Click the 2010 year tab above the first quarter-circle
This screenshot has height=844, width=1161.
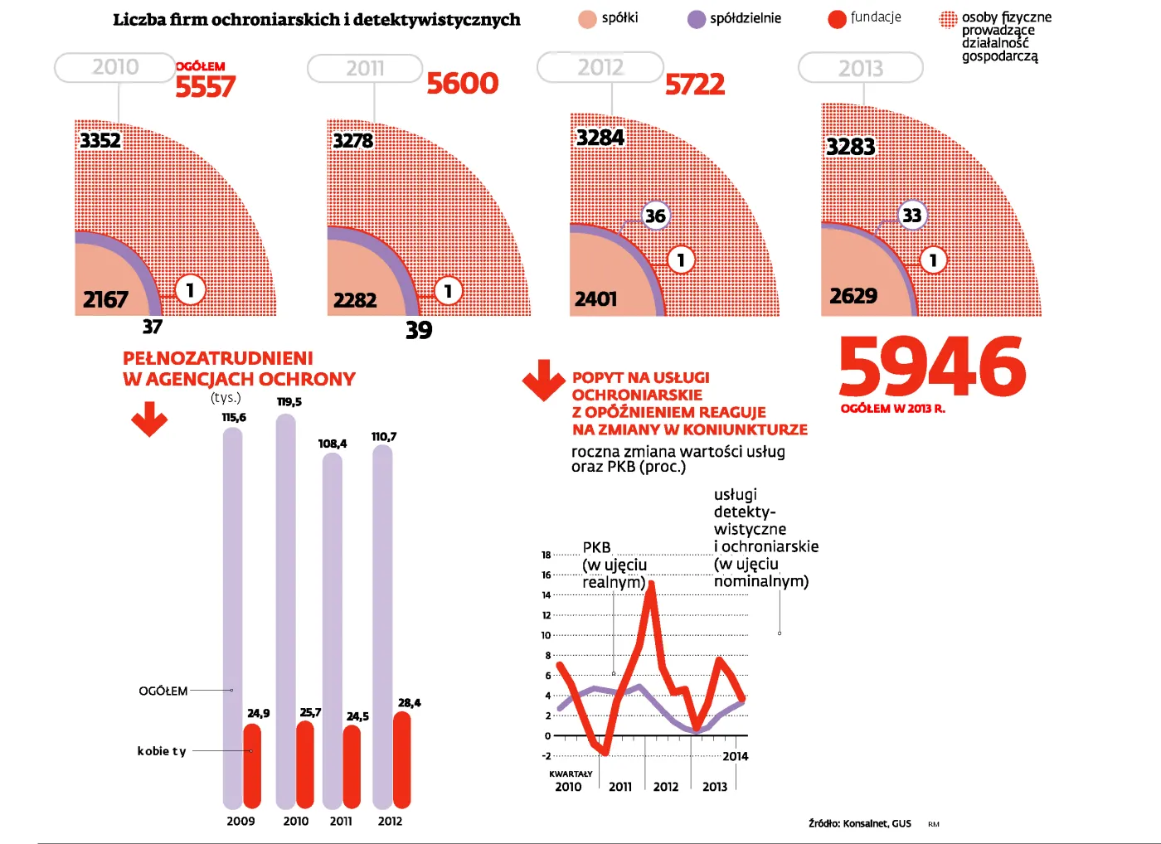pos(115,67)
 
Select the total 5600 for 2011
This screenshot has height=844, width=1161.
pos(462,83)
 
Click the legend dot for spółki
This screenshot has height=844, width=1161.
pos(587,19)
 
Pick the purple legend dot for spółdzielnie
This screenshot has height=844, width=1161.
pos(697,19)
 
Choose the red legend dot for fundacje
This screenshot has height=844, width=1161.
pos(837,19)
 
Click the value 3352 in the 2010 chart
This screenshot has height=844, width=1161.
pos(100,140)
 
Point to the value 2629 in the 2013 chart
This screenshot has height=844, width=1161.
pos(853,296)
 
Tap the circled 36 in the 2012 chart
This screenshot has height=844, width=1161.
pos(655,216)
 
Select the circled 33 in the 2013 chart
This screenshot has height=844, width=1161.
pos(911,216)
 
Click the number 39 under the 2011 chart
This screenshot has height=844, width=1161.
pos(419,330)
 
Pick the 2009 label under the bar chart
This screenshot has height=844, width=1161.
pos(240,821)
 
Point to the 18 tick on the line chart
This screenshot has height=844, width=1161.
pos(546,555)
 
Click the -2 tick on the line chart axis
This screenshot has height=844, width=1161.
pos(546,756)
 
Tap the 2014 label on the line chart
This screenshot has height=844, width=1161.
pos(735,756)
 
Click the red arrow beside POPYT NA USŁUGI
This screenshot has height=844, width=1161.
pos(543,380)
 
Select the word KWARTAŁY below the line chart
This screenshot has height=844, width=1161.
pos(571,774)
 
